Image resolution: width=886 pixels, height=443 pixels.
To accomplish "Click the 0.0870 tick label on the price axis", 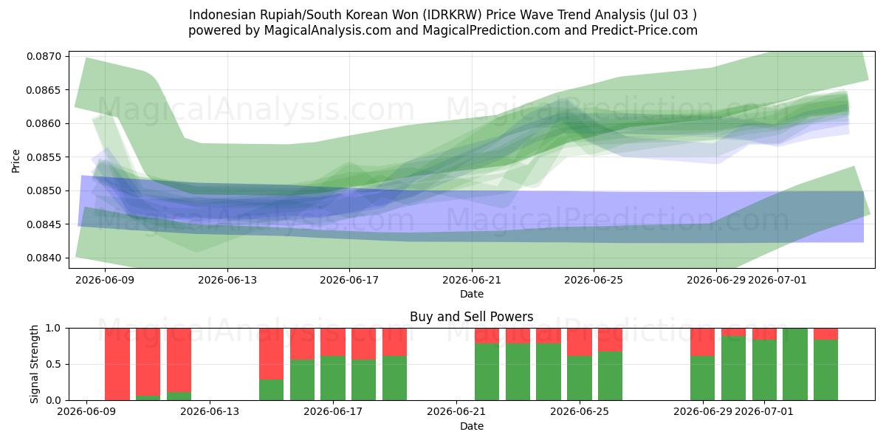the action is pyautogui.click(x=44, y=56).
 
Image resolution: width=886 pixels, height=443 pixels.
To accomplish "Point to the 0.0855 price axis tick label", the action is pyautogui.click(x=44, y=157).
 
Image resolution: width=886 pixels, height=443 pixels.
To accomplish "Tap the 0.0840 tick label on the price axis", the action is pyautogui.click(x=44, y=258).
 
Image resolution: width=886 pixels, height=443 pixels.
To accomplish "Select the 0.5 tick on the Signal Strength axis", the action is pyautogui.click(x=53, y=364).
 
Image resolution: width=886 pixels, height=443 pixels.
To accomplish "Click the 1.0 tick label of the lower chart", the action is pyautogui.click(x=53, y=328).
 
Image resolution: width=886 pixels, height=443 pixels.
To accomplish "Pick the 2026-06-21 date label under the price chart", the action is pyautogui.click(x=472, y=280).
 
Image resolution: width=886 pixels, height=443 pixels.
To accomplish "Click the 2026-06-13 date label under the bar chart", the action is pyautogui.click(x=210, y=411).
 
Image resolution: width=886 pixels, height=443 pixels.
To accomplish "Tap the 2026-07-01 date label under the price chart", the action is pyautogui.click(x=777, y=280).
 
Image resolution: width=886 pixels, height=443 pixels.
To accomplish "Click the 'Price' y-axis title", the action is pyautogui.click(x=16, y=161).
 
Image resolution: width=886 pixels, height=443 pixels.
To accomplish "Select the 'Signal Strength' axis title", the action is pyautogui.click(x=34, y=364).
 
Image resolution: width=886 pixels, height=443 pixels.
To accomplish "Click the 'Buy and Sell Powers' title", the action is pyautogui.click(x=472, y=317).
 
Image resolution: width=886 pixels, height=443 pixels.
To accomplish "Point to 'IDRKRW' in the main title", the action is pyautogui.click(x=452, y=15).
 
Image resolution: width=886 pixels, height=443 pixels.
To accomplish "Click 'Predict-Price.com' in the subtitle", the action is pyautogui.click(x=645, y=30).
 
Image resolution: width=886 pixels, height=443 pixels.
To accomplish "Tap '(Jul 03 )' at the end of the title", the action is pyautogui.click(x=673, y=15).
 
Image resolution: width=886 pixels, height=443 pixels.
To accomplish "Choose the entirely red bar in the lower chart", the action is pyautogui.click(x=117, y=364).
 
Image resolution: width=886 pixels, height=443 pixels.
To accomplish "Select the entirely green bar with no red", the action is pyautogui.click(x=795, y=364).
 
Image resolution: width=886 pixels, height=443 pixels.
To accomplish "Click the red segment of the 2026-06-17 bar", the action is pyautogui.click(x=333, y=342).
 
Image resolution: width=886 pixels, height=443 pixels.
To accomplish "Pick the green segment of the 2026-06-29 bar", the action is pyautogui.click(x=702, y=378).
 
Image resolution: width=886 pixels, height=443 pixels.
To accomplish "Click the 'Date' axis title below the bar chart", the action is pyautogui.click(x=472, y=426).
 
